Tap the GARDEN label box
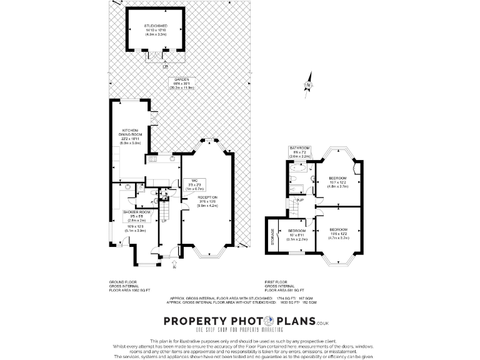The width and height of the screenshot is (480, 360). (182, 84)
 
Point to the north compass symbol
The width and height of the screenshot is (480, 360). (307, 86)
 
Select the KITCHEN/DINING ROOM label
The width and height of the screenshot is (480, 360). (131, 137)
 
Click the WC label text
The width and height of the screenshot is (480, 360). (194, 184)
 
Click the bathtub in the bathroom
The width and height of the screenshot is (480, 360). (297, 167)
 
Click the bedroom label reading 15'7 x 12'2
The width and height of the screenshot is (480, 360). (338, 182)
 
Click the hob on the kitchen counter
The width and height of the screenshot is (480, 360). (152, 160)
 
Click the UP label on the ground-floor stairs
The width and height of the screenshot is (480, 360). (164, 221)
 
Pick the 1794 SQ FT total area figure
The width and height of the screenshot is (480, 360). (284, 299)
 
